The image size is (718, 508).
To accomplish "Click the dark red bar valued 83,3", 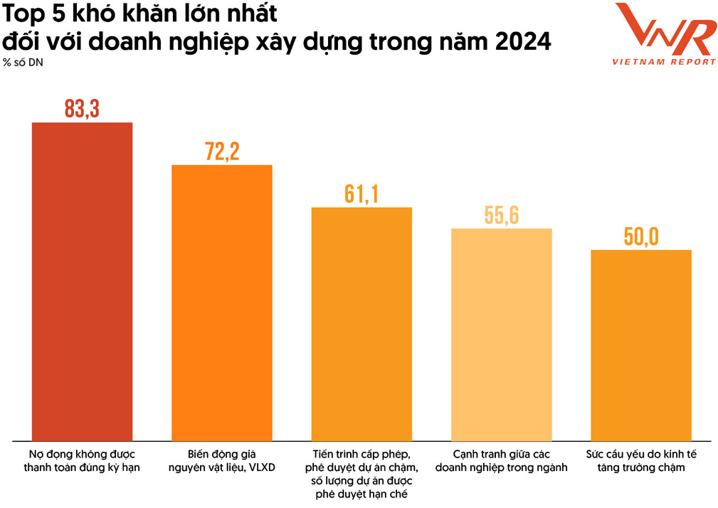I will [83, 281].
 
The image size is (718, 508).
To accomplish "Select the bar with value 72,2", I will [222, 302].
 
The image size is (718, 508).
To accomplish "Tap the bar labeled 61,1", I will [361, 324].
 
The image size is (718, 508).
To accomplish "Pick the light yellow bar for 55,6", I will [502, 334].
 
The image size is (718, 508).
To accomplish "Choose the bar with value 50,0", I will [641, 345].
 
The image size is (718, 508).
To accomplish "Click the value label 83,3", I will [83, 109].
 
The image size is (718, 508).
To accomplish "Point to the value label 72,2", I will [222, 152].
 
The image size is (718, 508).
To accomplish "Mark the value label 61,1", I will [361, 194].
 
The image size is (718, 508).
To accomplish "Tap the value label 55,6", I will [502, 216].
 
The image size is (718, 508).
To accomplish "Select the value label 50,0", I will [641, 237].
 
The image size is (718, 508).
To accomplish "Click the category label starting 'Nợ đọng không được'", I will [83, 460].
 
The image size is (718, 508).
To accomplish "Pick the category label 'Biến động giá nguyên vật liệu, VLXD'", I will [222, 460].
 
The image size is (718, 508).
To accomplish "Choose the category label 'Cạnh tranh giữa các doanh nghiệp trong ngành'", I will [502, 460].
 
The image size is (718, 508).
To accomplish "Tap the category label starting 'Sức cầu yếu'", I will [641, 460].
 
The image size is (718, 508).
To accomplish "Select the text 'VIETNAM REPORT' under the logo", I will [664, 62].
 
